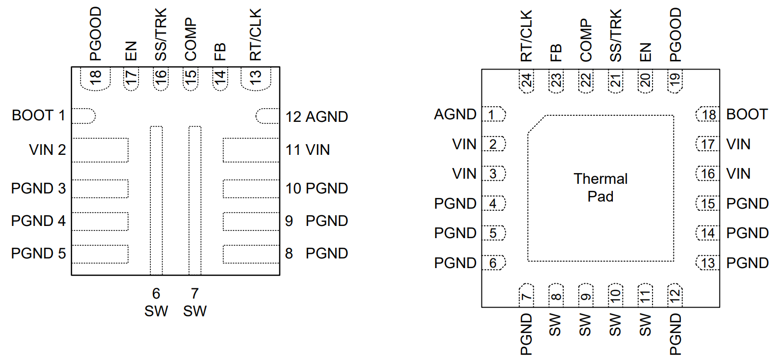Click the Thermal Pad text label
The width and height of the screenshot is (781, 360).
[x=601, y=187]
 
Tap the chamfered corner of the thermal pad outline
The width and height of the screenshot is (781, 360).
[x=536, y=124]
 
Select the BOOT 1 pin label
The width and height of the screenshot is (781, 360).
[x=39, y=116]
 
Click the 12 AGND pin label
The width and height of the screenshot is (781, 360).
[x=316, y=117]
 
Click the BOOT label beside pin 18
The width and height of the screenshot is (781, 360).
[x=746, y=114]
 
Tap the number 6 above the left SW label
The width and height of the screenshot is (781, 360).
[x=156, y=293]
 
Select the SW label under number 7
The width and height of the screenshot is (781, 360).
[x=195, y=311]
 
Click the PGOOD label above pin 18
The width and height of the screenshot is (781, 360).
[x=95, y=35]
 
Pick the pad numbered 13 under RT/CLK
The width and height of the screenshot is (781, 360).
[x=255, y=79]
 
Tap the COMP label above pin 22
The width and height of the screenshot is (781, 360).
[x=586, y=41]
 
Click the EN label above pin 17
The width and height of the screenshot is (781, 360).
[x=131, y=51]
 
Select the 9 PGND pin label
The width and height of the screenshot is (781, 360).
[x=316, y=221]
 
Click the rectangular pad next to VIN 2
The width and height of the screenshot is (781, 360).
[x=100, y=150]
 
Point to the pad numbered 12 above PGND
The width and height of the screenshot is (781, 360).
[x=675, y=294]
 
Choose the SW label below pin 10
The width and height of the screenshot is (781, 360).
[x=615, y=325]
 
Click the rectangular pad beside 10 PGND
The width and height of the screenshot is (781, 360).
[x=251, y=188]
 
